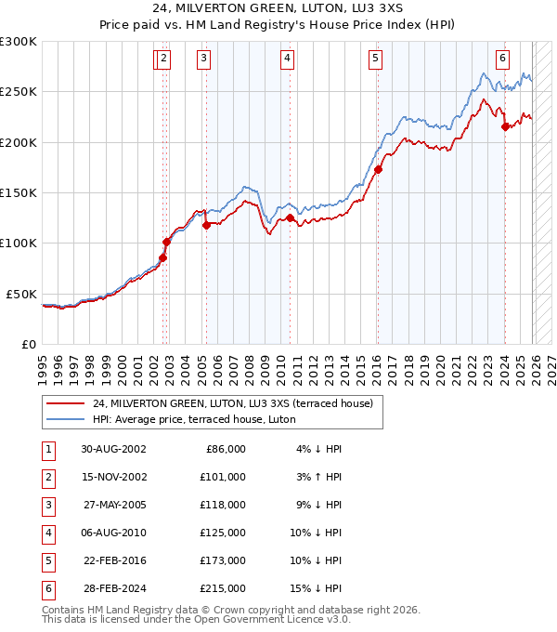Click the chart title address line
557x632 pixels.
[278, 10]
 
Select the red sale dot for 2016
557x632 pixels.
[378, 170]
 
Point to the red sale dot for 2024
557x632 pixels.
[505, 127]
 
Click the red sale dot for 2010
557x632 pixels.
[291, 218]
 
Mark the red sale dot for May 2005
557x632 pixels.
[206, 225]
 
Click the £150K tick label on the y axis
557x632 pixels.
[19, 192]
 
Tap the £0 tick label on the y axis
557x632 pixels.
[28, 344]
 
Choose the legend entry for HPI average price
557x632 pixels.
[193, 419]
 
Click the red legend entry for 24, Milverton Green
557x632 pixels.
[232, 403]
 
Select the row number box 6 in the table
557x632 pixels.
[45, 588]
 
